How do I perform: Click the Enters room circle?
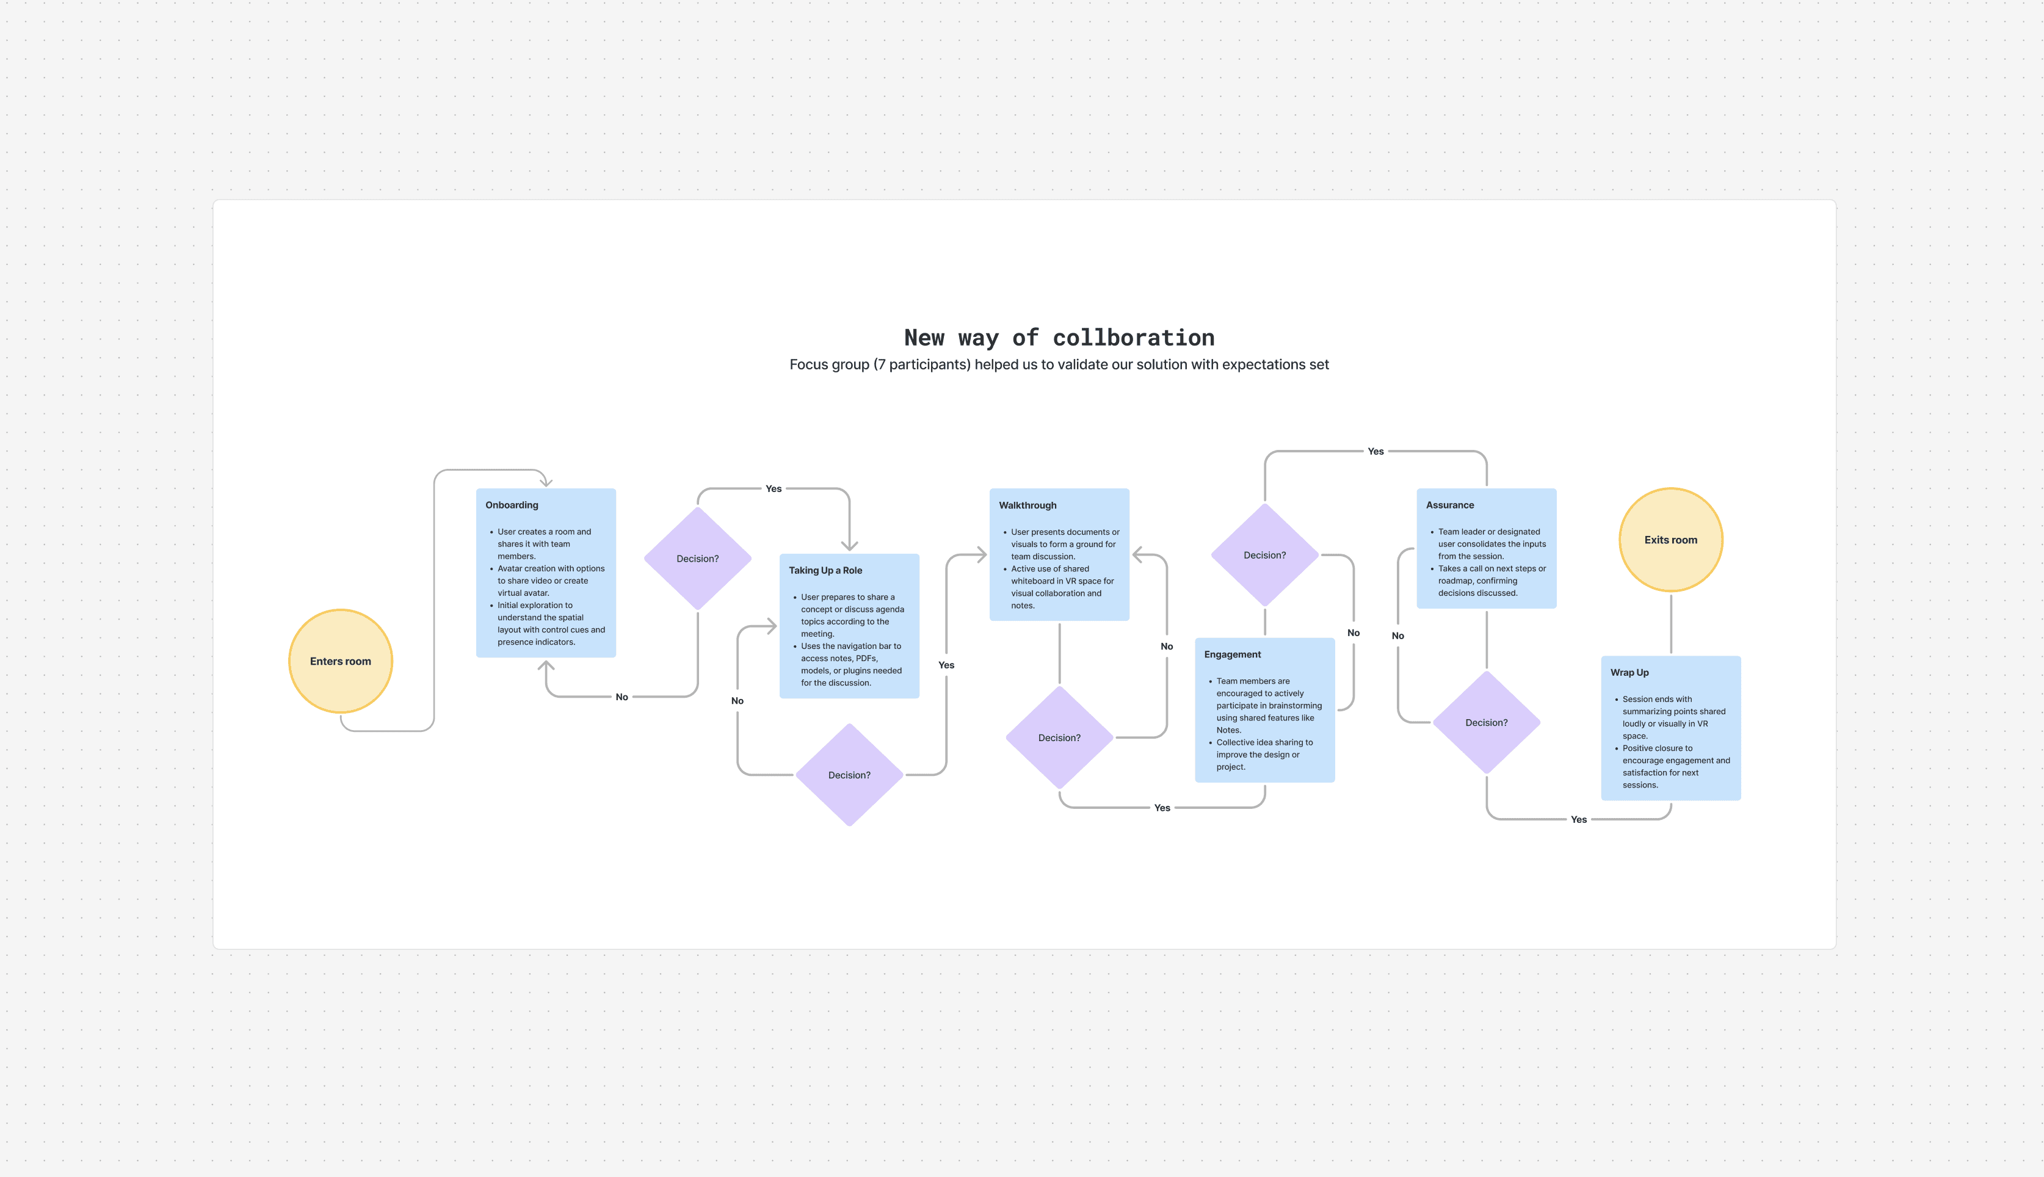click(340, 661)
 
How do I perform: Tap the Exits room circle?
click(1670, 540)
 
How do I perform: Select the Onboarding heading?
click(512, 505)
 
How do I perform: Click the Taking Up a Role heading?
click(825, 571)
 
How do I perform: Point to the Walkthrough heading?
click(1027, 505)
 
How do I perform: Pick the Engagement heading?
click(1232, 655)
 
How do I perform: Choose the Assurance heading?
click(1449, 505)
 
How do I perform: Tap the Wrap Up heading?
click(1629, 673)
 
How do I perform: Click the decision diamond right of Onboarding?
click(697, 559)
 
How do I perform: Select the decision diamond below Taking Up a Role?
click(849, 775)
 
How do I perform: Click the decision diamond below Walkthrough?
click(1059, 738)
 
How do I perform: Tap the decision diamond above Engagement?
click(1264, 556)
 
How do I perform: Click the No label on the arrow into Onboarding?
click(622, 697)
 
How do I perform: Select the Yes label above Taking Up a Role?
click(774, 489)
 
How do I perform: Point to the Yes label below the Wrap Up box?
click(1578, 820)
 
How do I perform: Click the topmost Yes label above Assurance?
click(1375, 451)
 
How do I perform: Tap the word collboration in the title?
click(1133, 338)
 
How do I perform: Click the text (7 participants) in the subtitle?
click(921, 364)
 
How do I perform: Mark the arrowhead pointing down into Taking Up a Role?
click(849, 546)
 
